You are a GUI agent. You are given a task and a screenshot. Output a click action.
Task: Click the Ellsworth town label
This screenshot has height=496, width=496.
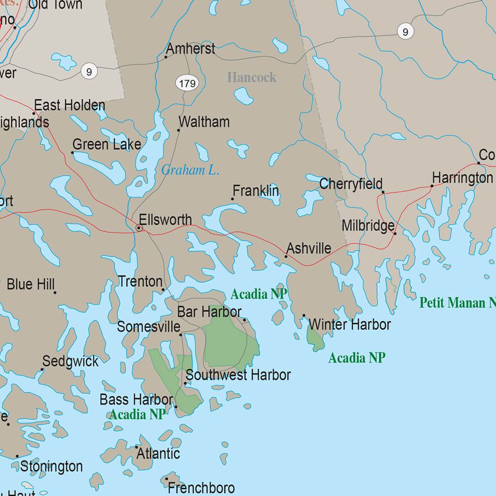(x=165, y=220)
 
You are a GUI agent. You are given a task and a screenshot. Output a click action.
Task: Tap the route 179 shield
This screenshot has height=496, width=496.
(x=187, y=84)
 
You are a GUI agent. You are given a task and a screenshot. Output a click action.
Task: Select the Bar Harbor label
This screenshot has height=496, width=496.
(x=209, y=312)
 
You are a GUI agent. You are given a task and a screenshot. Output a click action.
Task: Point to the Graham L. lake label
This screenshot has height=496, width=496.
(x=190, y=170)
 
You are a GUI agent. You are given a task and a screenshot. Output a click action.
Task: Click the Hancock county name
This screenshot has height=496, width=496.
(x=251, y=77)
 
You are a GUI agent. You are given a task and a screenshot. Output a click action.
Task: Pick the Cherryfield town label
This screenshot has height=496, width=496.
(x=351, y=184)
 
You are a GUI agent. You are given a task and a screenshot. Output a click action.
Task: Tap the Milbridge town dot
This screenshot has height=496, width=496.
(x=395, y=233)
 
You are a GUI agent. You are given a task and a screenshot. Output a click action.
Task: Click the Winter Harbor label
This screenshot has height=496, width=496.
(x=349, y=325)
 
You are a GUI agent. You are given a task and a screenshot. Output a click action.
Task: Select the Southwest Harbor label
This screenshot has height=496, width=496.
(x=238, y=375)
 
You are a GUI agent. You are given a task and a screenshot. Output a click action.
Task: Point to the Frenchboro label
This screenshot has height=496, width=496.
(x=201, y=487)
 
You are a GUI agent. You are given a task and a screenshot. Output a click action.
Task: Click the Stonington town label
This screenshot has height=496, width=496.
(x=51, y=466)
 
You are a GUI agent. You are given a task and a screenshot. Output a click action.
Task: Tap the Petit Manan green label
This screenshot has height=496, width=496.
(x=457, y=303)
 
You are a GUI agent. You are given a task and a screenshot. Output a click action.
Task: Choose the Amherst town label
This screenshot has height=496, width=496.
(x=190, y=49)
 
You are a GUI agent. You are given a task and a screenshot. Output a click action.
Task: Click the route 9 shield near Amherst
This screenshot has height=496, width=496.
(x=89, y=72)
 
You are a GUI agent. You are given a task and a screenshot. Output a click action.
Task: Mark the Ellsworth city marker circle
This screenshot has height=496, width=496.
(x=139, y=228)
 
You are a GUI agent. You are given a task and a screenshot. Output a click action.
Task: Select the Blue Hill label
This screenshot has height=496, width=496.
(x=31, y=284)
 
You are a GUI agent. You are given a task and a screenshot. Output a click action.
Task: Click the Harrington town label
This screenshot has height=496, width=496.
(x=462, y=178)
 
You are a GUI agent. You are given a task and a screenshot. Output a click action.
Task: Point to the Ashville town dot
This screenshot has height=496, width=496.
(x=286, y=256)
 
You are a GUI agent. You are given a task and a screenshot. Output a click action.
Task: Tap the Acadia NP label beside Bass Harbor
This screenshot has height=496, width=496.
(x=137, y=414)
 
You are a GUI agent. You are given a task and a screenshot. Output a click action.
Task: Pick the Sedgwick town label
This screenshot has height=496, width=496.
(x=70, y=361)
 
